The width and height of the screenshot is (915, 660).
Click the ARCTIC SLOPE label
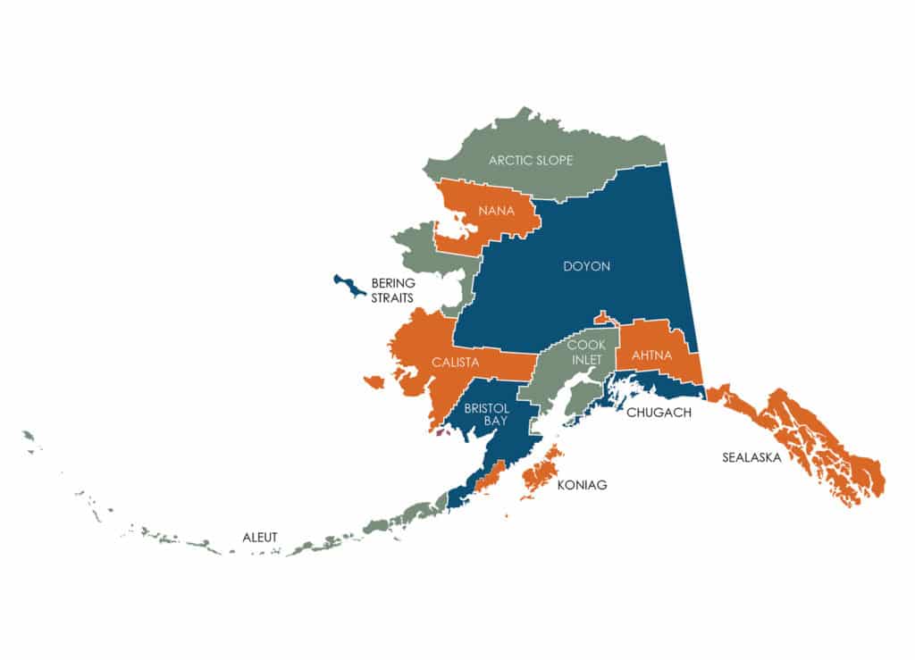[x=531, y=161]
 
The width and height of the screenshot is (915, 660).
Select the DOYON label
[x=586, y=266]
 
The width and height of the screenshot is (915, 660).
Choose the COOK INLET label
[x=586, y=352]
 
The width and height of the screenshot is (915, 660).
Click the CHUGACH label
[x=659, y=412]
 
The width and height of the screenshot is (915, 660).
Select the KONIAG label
[x=582, y=485]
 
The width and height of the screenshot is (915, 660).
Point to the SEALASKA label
[x=751, y=457]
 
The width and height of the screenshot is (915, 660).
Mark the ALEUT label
[x=260, y=537]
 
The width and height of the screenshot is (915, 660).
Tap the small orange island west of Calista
[x=374, y=382]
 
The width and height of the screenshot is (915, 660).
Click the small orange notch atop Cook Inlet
[x=601, y=318]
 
